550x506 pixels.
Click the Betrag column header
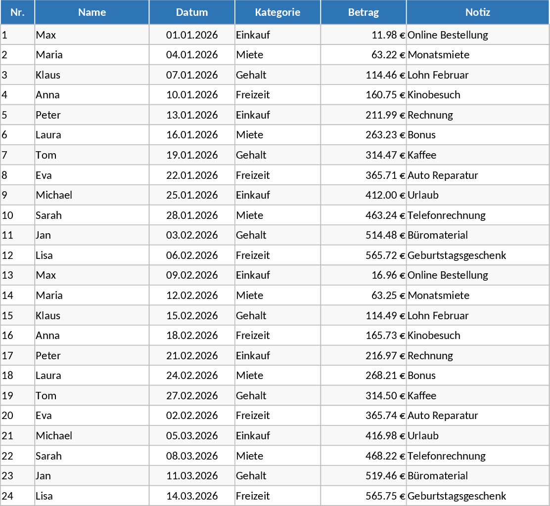point(363,12)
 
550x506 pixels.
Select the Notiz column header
point(477,12)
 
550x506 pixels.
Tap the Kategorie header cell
point(277,12)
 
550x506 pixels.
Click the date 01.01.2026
point(192,35)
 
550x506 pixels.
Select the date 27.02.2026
point(192,395)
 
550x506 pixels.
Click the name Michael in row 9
point(54,195)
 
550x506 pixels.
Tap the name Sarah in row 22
point(48,456)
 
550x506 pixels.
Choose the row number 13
point(7,275)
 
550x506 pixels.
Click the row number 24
point(7,496)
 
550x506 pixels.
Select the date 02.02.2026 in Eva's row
point(192,416)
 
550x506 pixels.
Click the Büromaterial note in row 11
point(437,235)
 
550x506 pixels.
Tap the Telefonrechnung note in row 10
point(446,215)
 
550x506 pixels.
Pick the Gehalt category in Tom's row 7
point(251,155)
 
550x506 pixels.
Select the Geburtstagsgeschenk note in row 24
point(457,496)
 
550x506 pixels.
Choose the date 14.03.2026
point(192,496)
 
